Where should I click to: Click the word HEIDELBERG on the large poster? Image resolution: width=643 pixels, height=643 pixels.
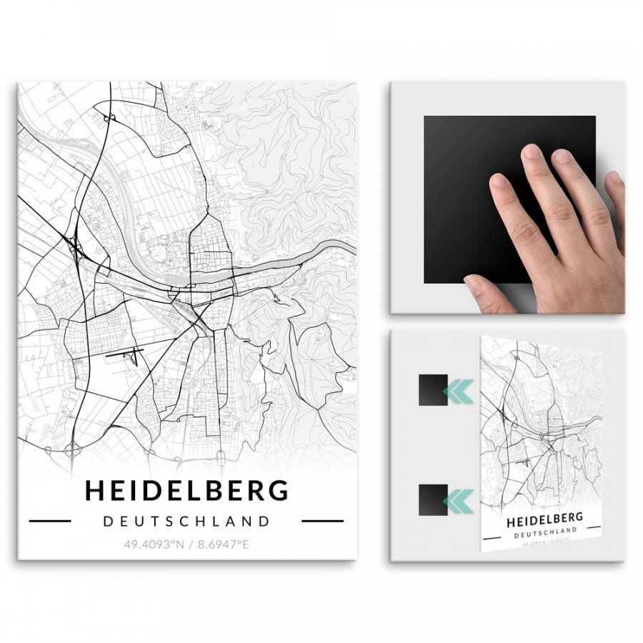click(186, 491)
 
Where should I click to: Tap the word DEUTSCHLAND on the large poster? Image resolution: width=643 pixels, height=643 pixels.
click(186, 521)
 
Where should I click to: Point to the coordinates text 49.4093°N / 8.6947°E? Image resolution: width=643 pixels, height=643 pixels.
click(186, 544)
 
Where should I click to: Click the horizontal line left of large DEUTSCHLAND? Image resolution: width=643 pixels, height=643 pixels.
click(49, 521)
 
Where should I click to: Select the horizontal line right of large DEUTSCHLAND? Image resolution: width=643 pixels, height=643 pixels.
click(322, 521)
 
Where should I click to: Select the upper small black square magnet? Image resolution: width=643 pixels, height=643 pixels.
click(433, 390)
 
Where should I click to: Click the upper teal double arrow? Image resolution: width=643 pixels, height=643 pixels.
click(458, 391)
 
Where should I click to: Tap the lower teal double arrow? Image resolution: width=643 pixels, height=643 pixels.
click(458, 500)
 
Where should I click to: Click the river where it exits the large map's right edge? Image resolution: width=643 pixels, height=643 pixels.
click(347, 246)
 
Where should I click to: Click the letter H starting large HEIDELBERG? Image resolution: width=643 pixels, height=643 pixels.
click(94, 491)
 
